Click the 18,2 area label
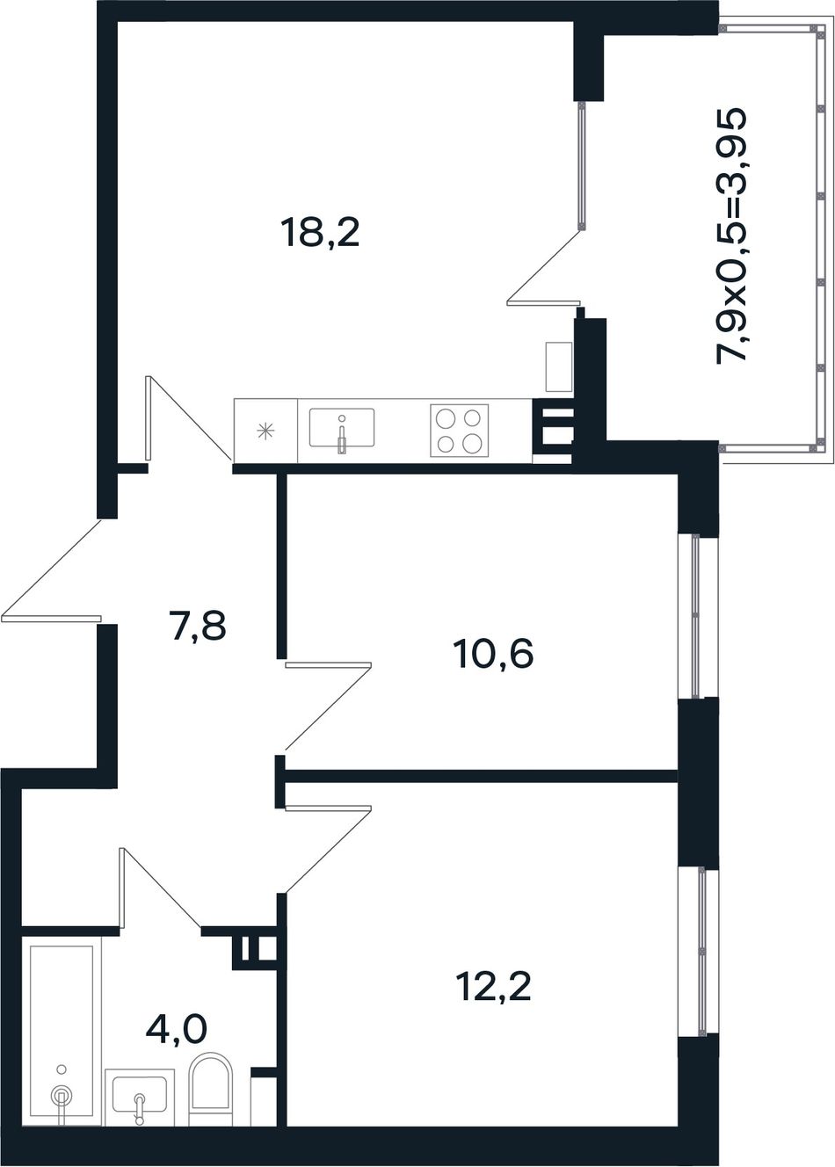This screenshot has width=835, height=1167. pos(320,233)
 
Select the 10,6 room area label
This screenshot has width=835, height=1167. pos(494,654)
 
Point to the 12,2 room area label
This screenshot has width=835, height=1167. pos(493,986)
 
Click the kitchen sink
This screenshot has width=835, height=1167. pos(342,428)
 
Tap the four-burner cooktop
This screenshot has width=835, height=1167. pos(459,431)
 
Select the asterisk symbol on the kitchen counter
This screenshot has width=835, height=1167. pos(265,431)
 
